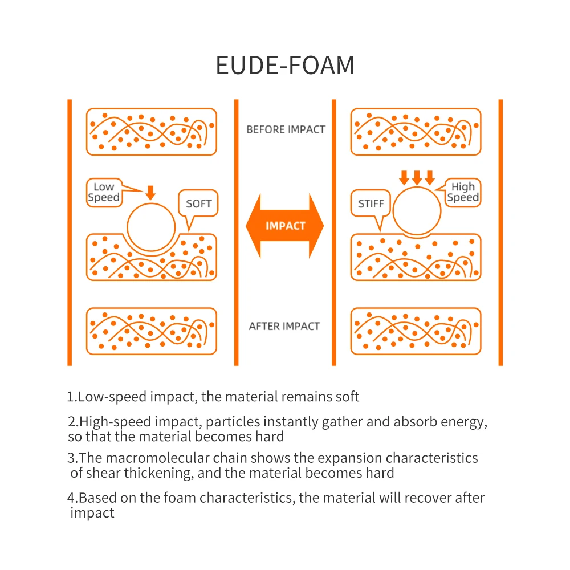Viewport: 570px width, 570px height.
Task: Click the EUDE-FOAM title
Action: [285, 66]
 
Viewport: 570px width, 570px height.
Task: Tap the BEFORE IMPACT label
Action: [286, 129]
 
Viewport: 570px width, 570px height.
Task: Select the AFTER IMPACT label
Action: [284, 326]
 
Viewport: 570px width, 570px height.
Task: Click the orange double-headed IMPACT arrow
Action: [284, 226]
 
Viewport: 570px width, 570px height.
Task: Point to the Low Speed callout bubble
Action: [105, 193]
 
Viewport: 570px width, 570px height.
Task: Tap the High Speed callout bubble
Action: [462, 193]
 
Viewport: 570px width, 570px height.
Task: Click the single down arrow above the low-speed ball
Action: [150, 193]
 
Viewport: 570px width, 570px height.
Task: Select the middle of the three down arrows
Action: [417, 178]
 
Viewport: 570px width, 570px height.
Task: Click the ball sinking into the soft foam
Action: [151, 227]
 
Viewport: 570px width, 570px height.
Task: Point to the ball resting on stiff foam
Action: [417, 211]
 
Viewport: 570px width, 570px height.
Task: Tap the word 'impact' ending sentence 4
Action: [92, 513]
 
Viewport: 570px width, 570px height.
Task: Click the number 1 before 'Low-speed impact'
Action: [71, 397]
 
